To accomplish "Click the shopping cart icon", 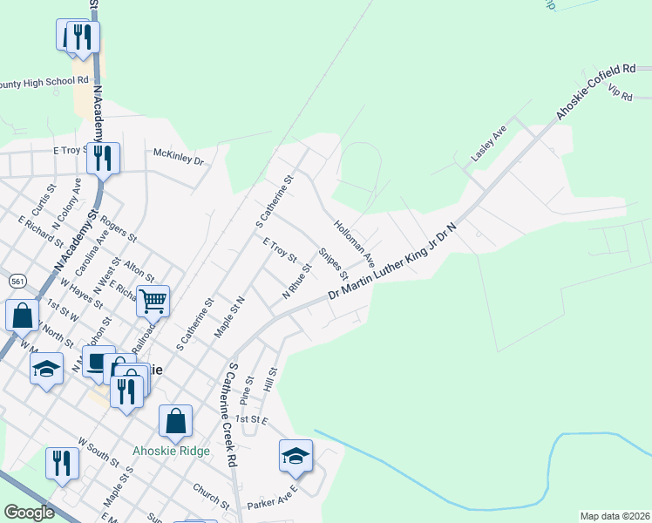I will pos(153,302).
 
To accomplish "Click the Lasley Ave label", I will pos(488,143).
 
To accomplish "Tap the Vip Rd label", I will pos(620,91).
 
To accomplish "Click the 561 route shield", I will pos(17,282).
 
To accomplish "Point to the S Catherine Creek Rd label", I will pos(231,415).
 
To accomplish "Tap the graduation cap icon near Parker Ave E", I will pos(295,456).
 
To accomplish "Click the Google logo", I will pos(28,513).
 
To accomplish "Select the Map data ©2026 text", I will pos(615,516).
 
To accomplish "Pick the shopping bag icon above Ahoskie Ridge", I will pos(175,421).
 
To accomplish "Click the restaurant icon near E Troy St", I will pos(104,158).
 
